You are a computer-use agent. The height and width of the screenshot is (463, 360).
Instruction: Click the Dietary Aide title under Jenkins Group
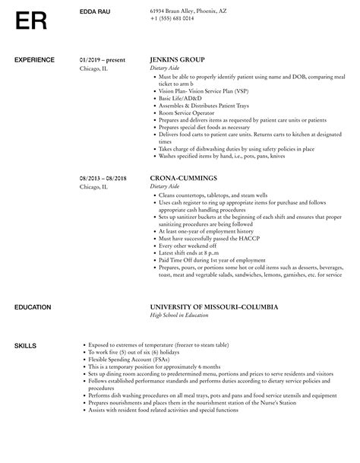pyautogui.click(x=167, y=68)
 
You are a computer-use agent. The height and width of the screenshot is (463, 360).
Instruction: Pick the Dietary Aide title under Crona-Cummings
pyautogui.click(x=167, y=186)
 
